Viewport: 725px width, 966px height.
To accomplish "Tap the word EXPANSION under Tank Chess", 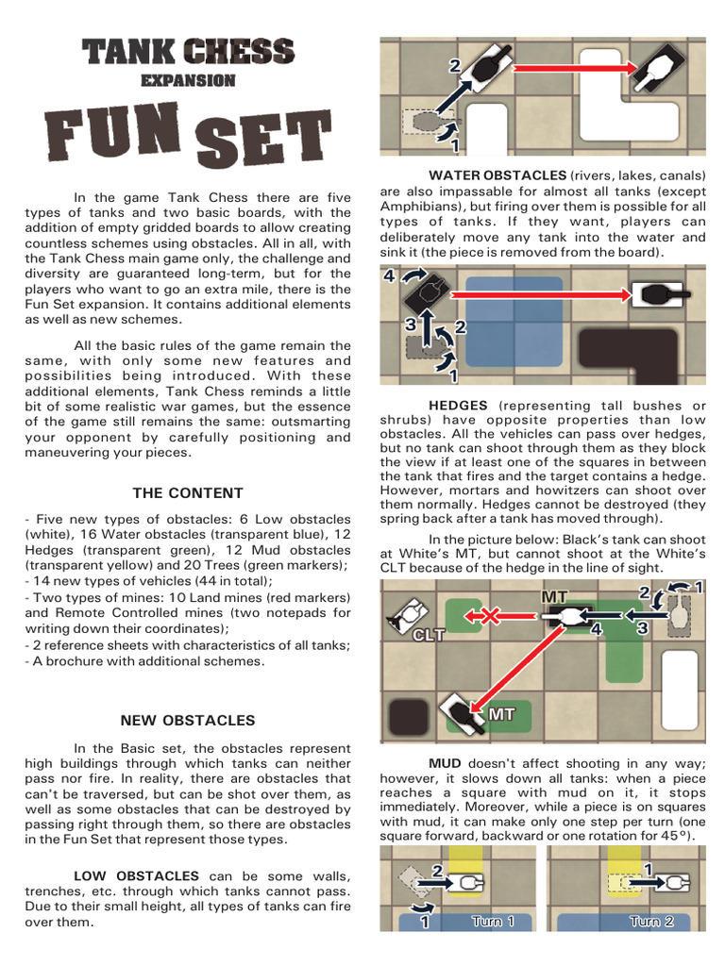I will (x=188, y=80).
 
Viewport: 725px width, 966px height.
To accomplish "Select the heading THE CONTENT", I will (x=188, y=492).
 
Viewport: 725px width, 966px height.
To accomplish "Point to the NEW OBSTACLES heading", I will (x=188, y=720).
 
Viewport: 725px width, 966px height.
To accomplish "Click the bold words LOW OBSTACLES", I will (x=137, y=876).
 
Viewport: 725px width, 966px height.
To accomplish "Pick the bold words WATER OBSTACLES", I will (x=497, y=175).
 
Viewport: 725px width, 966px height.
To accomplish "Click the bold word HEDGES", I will (x=458, y=405).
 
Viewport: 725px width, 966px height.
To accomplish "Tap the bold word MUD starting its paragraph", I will (x=445, y=763).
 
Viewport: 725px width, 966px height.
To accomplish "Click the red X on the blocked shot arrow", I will (x=489, y=616).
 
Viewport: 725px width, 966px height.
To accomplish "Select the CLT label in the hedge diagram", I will (x=427, y=635).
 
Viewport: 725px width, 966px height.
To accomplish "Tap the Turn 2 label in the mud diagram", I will (x=651, y=921).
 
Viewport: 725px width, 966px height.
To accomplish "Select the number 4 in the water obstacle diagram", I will (x=390, y=276).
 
